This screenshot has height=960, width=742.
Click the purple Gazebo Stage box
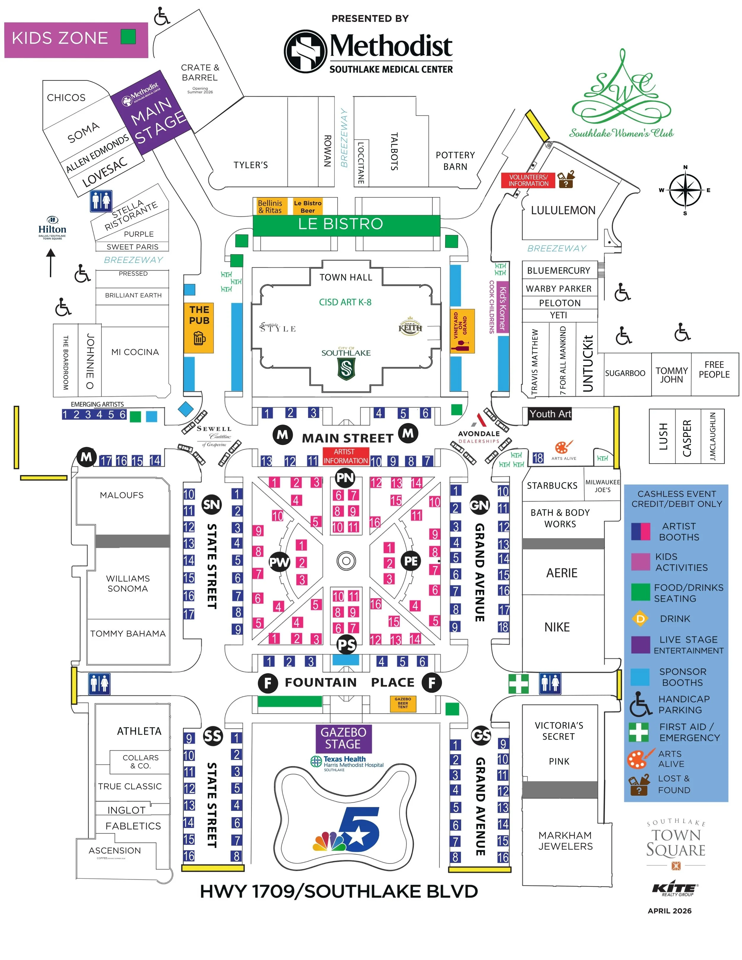[x=343, y=738]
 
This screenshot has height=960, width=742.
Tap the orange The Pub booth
[x=199, y=328]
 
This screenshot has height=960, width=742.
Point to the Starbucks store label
[x=552, y=486]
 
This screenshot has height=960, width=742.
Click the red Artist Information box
[x=345, y=456]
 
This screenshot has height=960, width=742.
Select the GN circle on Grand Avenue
[x=479, y=505]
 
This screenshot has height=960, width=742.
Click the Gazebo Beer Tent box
[x=403, y=704]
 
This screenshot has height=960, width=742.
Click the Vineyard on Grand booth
[x=462, y=331]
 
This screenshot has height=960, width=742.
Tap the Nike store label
[x=557, y=627]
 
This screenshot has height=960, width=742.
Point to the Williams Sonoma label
[x=128, y=583]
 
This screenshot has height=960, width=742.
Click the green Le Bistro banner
[x=346, y=225]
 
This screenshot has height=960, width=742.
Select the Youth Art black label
[x=550, y=414]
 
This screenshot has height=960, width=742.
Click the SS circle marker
[x=213, y=736]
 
